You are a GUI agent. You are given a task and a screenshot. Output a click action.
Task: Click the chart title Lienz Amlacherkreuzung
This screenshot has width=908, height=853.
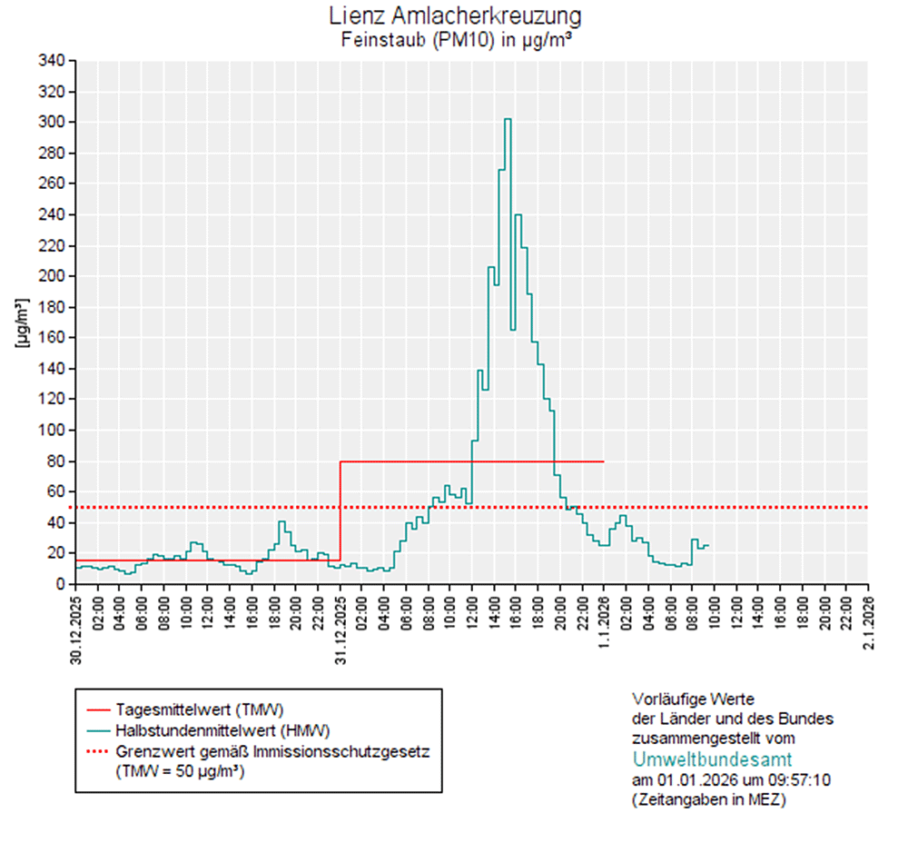point(455,16)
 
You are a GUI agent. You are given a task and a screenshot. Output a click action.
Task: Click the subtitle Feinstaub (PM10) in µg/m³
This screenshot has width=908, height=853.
point(455,39)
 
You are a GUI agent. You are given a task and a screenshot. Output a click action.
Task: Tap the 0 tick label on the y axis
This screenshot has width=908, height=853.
point(60,584)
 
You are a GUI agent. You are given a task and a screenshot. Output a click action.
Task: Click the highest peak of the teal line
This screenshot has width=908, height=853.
point(508,119)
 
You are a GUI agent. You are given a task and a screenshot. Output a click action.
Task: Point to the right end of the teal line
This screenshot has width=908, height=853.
point(708,545)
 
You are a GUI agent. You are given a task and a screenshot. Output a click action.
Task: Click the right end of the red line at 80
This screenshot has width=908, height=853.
point(604,461)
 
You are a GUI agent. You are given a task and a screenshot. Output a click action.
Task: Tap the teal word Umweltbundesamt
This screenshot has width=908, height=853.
point(712,759)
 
